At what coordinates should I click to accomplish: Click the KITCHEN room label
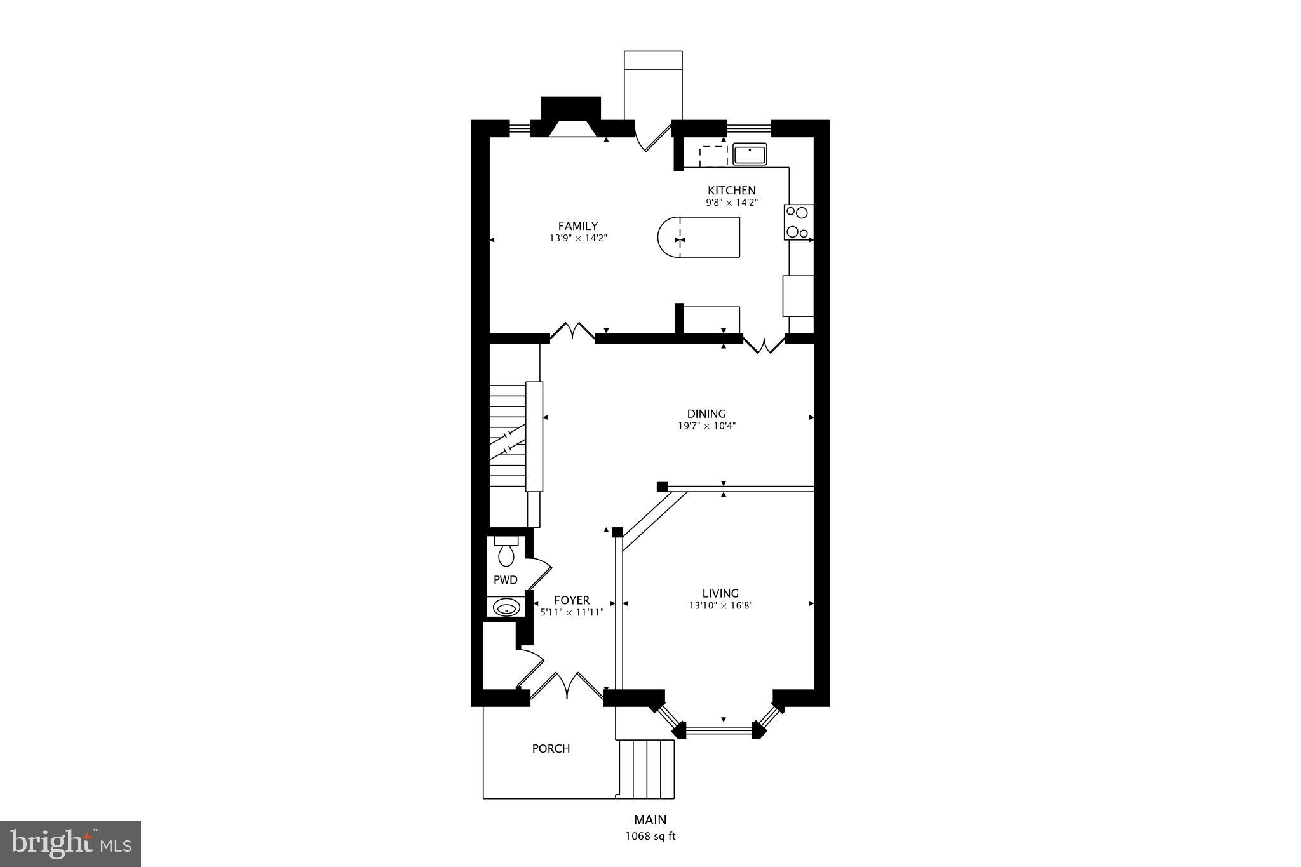(732, 191)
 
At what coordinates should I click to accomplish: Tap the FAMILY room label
(577, 226)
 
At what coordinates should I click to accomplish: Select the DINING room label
(706, 414)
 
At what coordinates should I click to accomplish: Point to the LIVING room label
(720, 594)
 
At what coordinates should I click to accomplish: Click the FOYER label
(572, 600)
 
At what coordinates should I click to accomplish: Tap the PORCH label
(551, 749)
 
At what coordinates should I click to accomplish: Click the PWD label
(506, 580)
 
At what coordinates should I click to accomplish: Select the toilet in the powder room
(506, 552)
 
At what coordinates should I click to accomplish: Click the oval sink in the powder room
(506, 608)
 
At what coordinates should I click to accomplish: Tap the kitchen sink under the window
(750, 154)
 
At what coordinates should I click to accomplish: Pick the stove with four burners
(798, 222)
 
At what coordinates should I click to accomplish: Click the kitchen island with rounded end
(699, 238)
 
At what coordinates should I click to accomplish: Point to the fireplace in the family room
(570, 118)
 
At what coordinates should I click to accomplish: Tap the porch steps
(647, 769)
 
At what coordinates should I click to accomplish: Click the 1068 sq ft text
(650, 837)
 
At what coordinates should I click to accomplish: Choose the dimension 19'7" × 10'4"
(706, 426)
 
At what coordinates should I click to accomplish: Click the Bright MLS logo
(71, 844)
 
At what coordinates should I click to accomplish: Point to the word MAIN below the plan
(650, 820)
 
